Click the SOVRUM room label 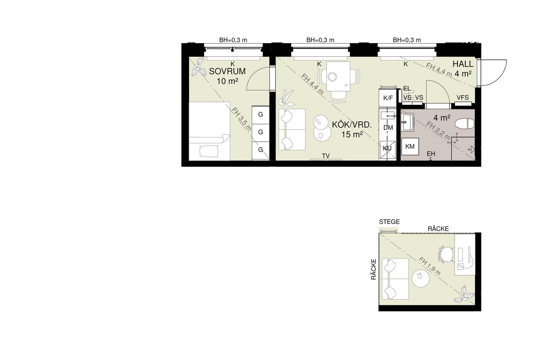227,71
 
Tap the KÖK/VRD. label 352,125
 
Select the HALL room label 463,64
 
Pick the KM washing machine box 410,146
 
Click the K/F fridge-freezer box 388,98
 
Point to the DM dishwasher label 388,128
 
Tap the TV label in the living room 326,156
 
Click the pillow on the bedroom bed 209,151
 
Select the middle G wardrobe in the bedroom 261,132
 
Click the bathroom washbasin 407,123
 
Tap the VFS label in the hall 463,97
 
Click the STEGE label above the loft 389,222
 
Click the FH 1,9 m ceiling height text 430,266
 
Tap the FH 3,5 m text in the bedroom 241,119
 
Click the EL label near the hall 407,89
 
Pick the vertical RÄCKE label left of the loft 374,269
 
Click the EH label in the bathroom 431,154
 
